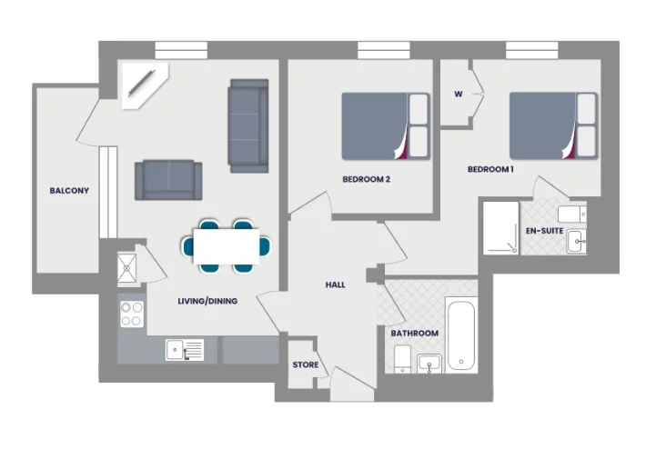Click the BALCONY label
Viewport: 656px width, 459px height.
(69, 191)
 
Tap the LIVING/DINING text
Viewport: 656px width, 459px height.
(207, 301)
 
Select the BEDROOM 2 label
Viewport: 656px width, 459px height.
(366, 179)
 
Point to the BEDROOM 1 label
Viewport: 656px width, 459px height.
(490, 170)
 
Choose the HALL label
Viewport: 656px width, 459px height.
(335, 284)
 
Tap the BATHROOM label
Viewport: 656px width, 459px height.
(414, 334)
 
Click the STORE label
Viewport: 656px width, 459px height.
(305, 365)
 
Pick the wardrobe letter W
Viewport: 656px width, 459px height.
(458, 94)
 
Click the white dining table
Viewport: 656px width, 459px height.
(226, 245)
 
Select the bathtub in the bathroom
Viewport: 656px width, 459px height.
(461, 334)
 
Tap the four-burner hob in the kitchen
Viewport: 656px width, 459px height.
(132, 314)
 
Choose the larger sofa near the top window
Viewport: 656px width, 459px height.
(248, 125)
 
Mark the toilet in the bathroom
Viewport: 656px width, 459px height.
(401, 360)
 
